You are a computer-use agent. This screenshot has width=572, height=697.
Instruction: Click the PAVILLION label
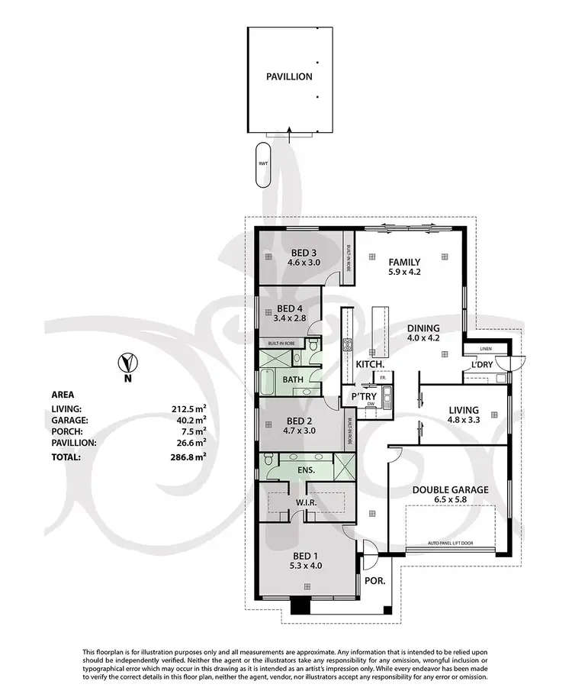(289, 77)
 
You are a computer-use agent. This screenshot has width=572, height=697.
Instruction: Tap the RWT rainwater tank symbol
(262, 163)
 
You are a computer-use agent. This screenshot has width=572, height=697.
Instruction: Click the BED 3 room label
(304, 253)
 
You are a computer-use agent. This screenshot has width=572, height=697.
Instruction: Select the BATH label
(294, 379)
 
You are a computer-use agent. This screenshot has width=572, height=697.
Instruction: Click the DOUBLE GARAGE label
(450, 489)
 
